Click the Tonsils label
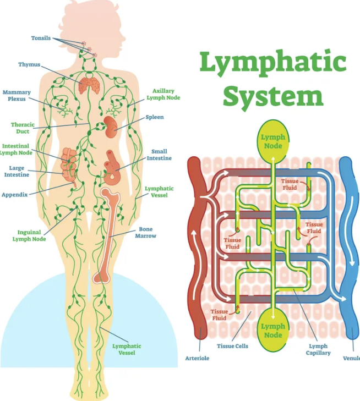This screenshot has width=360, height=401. point(41,39)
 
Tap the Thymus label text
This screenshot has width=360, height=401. point(29,65)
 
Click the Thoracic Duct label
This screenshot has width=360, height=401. point(23,128)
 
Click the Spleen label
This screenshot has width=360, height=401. point(155,117)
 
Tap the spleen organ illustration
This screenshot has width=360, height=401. point(112,126)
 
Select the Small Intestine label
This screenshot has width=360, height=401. point(159,155)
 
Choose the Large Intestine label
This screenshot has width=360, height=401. point(17,171)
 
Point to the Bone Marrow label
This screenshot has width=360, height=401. point(146,232)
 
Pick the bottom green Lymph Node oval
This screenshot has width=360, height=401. point(273,330)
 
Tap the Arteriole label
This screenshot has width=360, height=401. point(197,358)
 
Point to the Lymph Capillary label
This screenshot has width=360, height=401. point(318,350)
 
